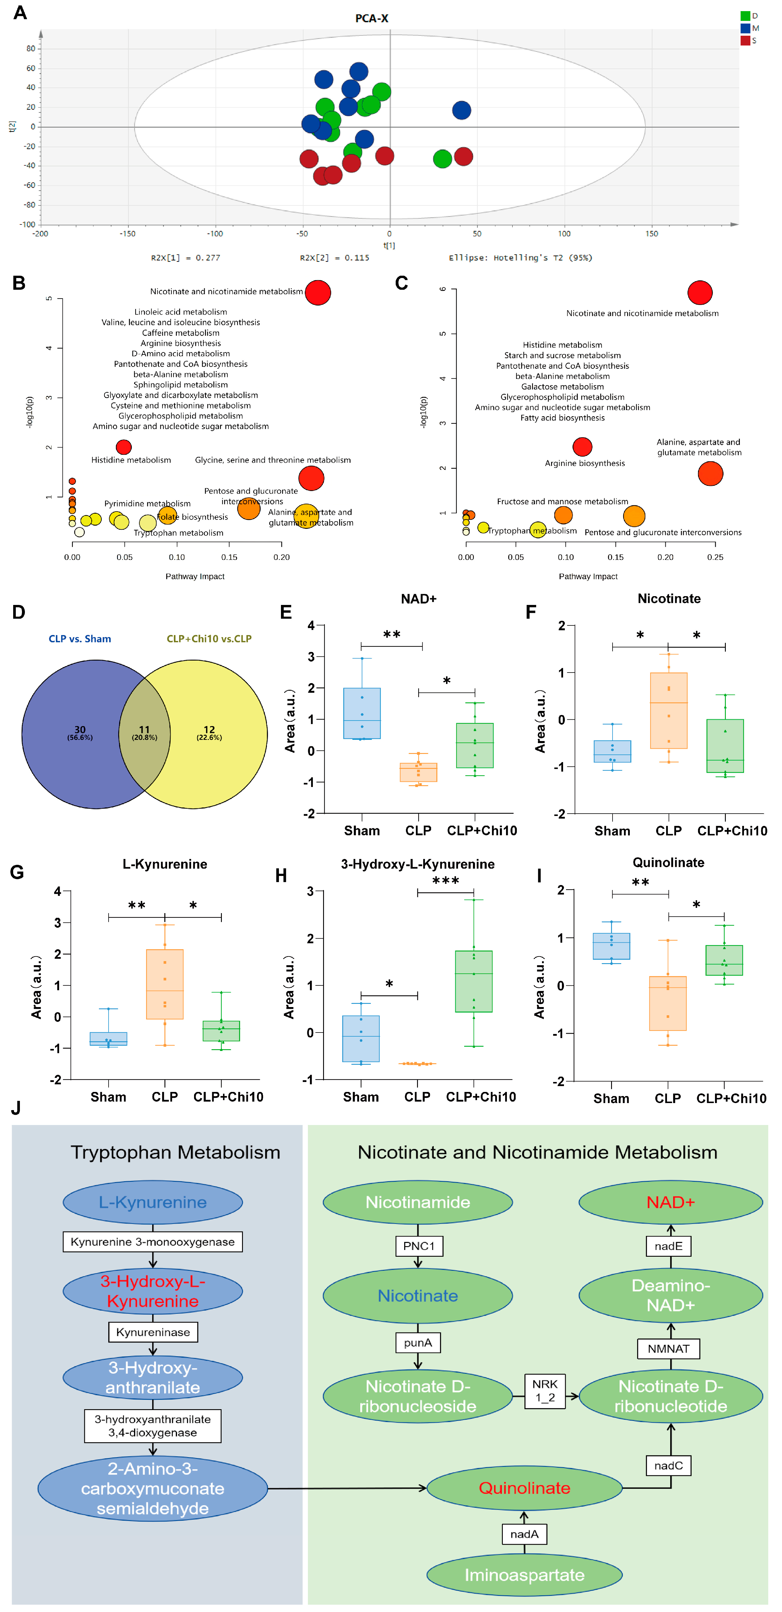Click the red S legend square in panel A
point(745,41)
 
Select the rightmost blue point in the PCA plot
point(462,110)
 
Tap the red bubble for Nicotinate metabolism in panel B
point(318,292)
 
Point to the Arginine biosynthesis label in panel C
point(584,463)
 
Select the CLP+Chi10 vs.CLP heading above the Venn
point(209,639)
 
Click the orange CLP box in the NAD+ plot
point(419,772)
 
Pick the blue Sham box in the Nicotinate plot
point(613,751)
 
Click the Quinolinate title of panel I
point(668,863)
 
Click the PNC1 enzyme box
point(419,1246)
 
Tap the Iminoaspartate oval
point(524,1575)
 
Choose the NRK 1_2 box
point(545,1390)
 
